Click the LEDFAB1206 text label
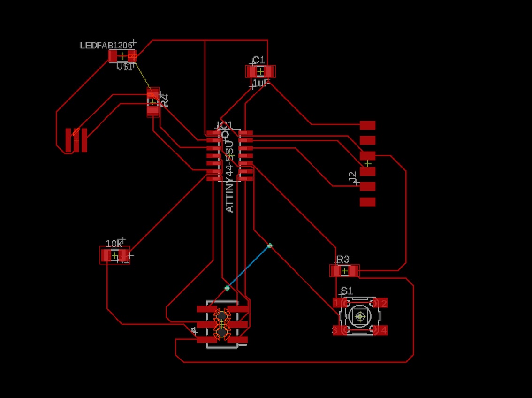pos(106,46)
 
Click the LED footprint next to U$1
pos(122,56)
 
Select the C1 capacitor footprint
pos(260,71)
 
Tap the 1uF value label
pos(260,83)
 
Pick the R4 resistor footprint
pos(153,102)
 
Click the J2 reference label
pos(353,177)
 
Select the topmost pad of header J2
pos(367,125)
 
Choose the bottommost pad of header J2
pos(367,202)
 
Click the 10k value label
pos(114,244)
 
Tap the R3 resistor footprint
pos(345,271)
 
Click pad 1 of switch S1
pos(338,303)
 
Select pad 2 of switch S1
pos(382,303)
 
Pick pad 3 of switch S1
pos(338,330)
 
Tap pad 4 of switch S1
pos(382,330)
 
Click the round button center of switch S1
pos(360,317)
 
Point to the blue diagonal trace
pos(249,266)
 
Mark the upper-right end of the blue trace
pos(269,245)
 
